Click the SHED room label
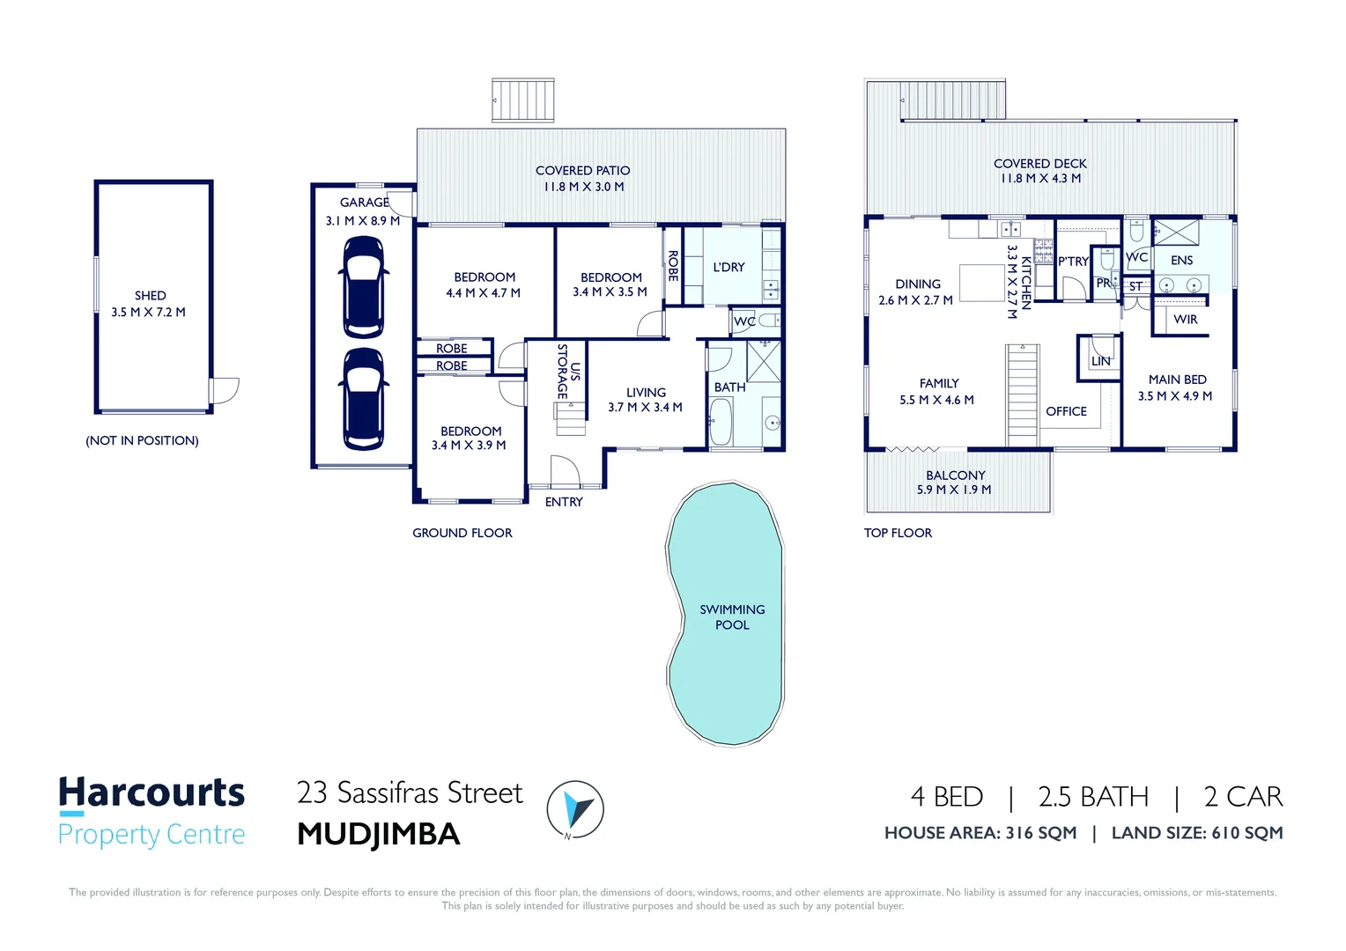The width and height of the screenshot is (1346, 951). (150, 296)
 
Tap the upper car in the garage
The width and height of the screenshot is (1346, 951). (363, 286)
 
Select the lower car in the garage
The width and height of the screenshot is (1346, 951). (363, 399)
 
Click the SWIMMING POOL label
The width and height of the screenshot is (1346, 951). (732, 616)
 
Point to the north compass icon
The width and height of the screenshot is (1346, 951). (574, 808)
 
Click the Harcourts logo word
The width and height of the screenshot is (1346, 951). (152, 793)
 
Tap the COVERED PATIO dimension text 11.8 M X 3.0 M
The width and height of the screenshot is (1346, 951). (583, 187)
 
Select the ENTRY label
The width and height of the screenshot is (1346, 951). (564, 502)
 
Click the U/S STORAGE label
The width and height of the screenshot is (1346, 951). (569, 371)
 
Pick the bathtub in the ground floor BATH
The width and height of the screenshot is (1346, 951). (721, 424)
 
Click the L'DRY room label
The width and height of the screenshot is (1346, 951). (728, 267)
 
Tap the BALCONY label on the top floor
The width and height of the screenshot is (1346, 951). (955, 475)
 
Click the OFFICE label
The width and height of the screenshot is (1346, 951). (1066, 411)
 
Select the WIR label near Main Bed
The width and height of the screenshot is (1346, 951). (1185, 320)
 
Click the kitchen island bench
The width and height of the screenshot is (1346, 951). (981, 284)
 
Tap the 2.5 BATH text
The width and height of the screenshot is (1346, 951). (1093, 797)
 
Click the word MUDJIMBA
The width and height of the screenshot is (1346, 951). (379, 834)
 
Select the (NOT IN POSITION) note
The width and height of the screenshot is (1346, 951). (142, 440)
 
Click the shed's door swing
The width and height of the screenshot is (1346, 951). (226, 390)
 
